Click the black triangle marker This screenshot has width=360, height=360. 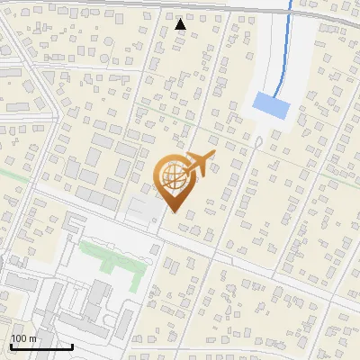tap(181, 24)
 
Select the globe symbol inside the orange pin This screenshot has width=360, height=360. tap(173, 177)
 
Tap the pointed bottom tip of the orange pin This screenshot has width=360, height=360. tap(173, 212)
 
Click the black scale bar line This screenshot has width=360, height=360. tap(41, 346)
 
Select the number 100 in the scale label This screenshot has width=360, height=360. tap(19, 338)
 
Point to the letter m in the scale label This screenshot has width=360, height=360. tap(33, 338)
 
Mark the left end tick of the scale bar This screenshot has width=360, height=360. tap(11, 345)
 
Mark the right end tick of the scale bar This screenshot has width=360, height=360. tap(72, 345)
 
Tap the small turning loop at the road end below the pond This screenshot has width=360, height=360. tap(258, 142)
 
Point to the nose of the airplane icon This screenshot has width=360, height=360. tap(214, 155)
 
